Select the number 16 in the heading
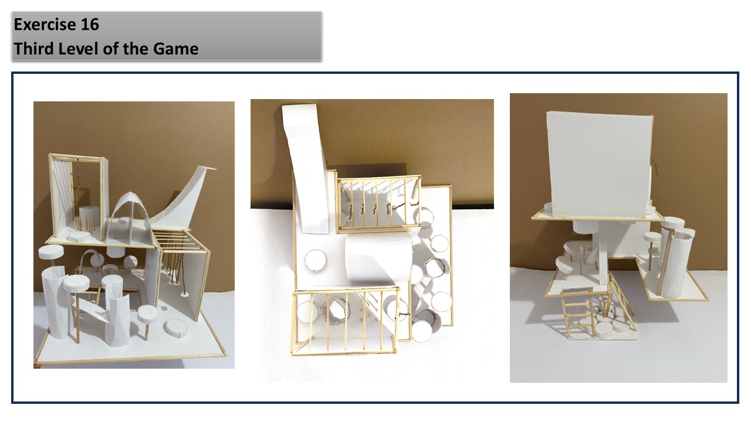point(90,25)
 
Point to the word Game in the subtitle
point(175,49)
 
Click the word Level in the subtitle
point(76,49)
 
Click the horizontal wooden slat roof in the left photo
point(180,240)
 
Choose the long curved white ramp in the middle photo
point(307,168)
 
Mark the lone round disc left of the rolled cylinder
point(315,260)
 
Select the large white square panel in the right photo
point(600,165)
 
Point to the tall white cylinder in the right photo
point(675,263)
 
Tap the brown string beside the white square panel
point(655,168)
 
